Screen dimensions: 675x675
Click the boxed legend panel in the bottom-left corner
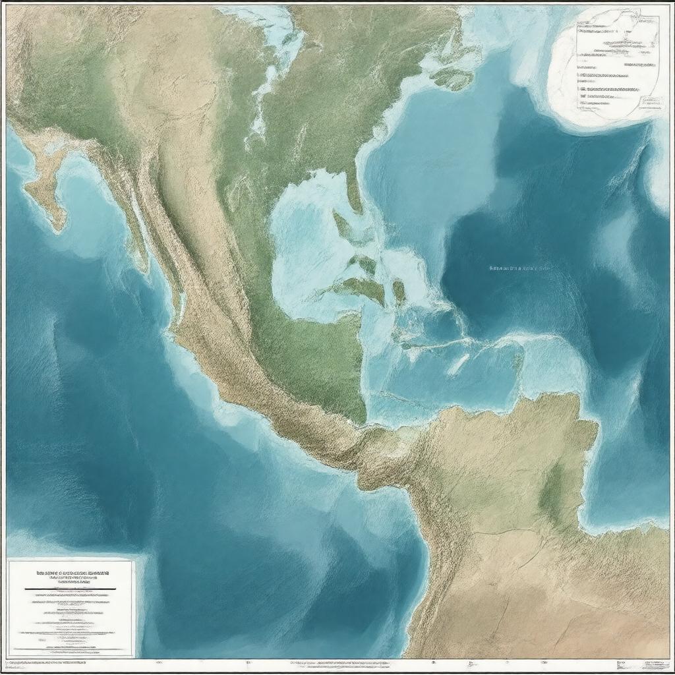pos(71,608)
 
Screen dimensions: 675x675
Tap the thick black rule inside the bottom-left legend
pos(70,588)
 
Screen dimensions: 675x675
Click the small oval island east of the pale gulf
pos(398,291)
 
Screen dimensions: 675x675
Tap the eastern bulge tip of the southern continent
pos(594,428)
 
